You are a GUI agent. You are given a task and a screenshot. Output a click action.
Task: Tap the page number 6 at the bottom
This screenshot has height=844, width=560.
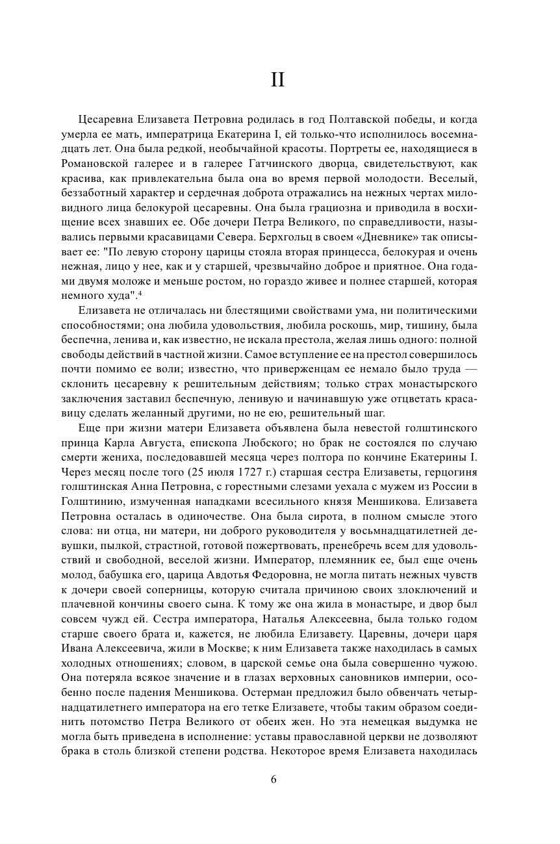pyautogui.click(x=274, y=780)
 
